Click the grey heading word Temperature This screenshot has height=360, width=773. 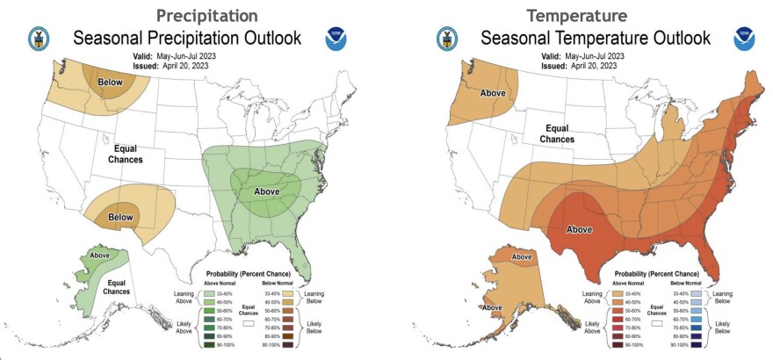click(x=578, y=15)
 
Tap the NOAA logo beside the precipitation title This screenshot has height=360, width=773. click(x=336, y=36)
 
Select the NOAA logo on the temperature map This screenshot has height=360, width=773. click(x=746, y=36)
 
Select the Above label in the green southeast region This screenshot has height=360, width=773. click(x=267, y=190)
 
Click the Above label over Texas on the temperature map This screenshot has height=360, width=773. click(x=578, y=230)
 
